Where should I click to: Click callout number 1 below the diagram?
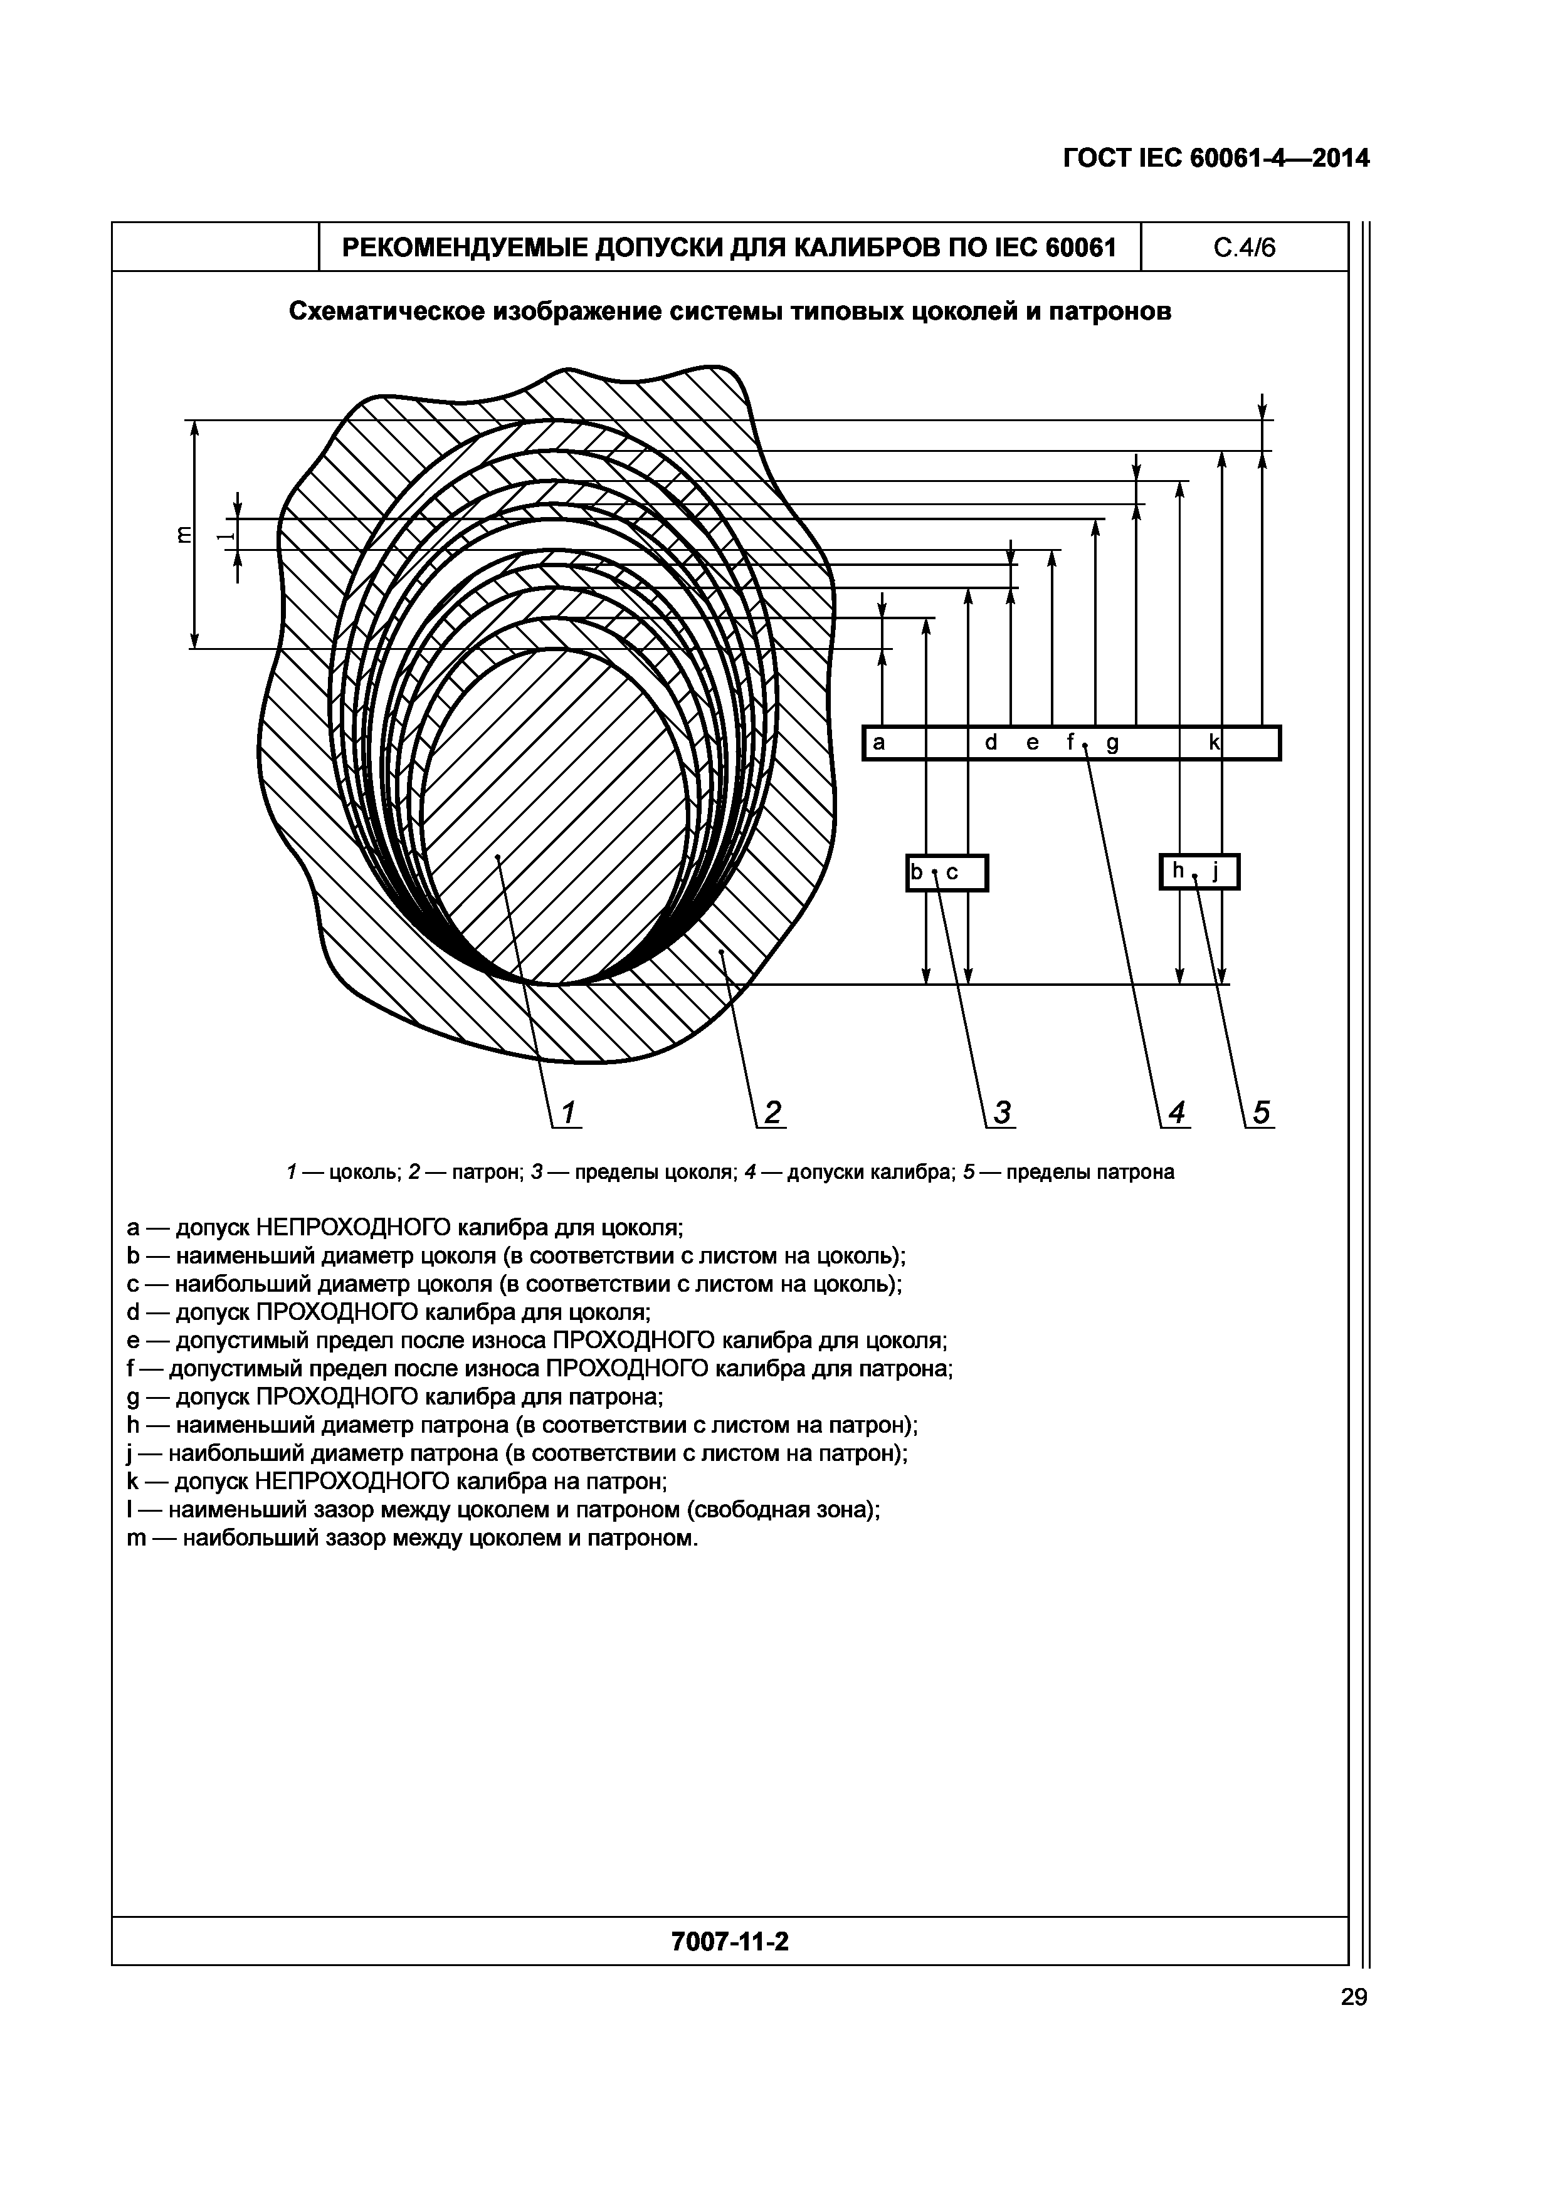(x=568, y=1112)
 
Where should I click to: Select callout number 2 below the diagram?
(x=772, y=1112)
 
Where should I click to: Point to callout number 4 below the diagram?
(x=1177, y=1112)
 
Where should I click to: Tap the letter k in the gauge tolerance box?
(x=1213, y=742)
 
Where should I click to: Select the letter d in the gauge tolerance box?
(x=991, y=742)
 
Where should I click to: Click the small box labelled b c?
(x=946, y=872)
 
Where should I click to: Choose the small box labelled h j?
(x=1199, y=871)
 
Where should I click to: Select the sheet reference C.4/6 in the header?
(x=1244, y=248)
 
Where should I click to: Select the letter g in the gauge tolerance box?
(x=1112, y=744)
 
